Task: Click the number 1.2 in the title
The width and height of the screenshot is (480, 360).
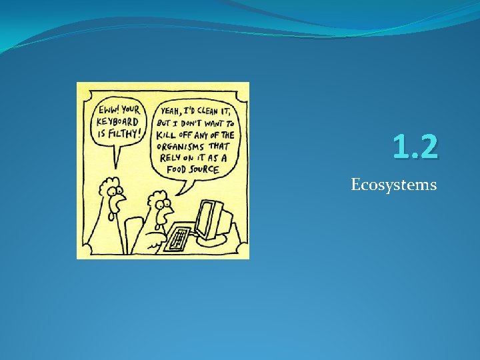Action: click(415, 147)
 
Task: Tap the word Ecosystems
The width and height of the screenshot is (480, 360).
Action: click(394, 185)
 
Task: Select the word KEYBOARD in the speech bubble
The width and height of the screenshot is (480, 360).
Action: click(118, 121)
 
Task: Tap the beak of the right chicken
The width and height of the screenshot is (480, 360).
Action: click(167, 207)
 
